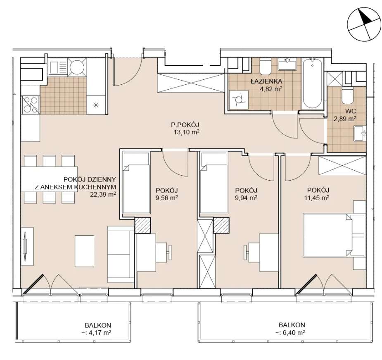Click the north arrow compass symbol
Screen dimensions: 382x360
[364, 24]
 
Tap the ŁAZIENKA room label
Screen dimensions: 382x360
[266, 81]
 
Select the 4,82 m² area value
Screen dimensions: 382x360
[271, 89]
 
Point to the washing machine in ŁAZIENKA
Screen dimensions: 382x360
[238, 100]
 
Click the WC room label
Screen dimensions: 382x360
[351, 111]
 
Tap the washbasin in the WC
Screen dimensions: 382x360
[360, 134]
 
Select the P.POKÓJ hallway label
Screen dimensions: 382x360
[185, 125]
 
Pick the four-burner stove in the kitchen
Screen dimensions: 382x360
[31, 105]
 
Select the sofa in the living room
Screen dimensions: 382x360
[121, 254]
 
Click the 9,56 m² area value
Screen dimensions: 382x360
[167, 198]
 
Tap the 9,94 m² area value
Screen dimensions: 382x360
[246, 198]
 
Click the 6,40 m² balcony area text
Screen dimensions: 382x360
[290, 332]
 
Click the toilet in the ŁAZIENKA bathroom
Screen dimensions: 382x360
[265, 67]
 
